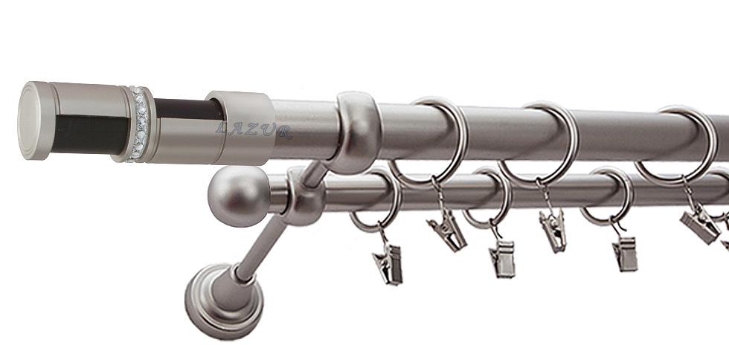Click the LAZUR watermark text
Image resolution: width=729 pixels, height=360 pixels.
(254, 131)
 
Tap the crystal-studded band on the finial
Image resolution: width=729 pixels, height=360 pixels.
(138, 124)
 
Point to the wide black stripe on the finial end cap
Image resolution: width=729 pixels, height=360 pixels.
(90, 135)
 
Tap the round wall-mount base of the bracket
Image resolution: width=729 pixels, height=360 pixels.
(224, 300)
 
